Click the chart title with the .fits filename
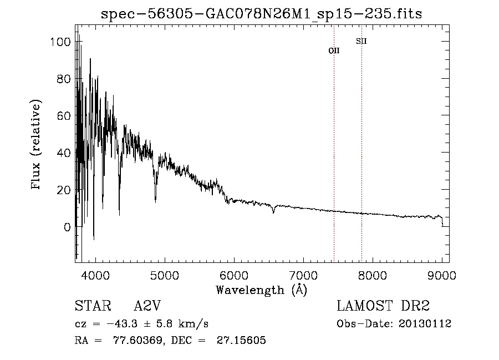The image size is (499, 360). pyautogui.click(x=262, y=14)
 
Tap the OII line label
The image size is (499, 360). pyautogui.click(x=334, y=50)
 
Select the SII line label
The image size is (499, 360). pyautogui.click(x=361, y=41)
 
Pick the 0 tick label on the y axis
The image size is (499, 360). pyautogui.click(x=67, y=227)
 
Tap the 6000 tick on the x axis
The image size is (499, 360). pyautogui.click(x=234, y=275)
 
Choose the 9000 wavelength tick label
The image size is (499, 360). pyautogui.click(x=442, y=275)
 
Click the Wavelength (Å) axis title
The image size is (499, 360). pyautogui.click(x=261, y=290)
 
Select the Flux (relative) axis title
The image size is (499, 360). pyautogui.click(x=37, y=146)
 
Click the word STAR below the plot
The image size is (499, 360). pyautogui.click(x=93, y=306)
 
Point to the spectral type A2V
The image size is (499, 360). pyautogui.click(x=147, y=306)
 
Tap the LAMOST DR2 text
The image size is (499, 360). pyautogui.click(x=383, y=306)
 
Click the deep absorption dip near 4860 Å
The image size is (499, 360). pyautogui.click(x=155, y=201)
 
